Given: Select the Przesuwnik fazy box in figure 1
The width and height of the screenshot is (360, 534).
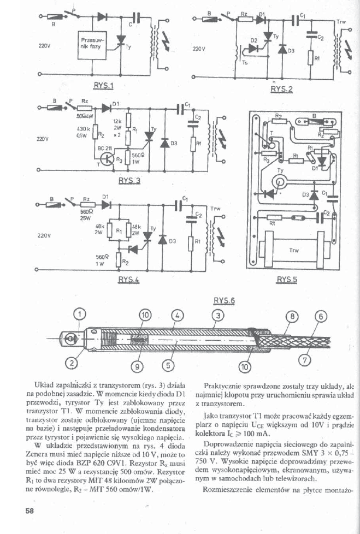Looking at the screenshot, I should (90, 44).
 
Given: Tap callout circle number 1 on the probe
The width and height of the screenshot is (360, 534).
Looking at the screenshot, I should (80, 313).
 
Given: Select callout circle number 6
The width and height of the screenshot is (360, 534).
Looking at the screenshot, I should (321, 316).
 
